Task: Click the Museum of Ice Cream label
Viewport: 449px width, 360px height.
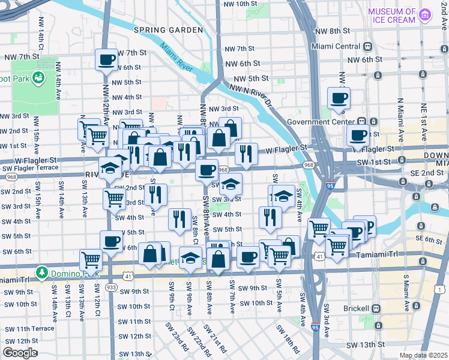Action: (x=391, y=16)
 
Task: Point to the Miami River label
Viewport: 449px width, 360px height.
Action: (x=177, y=58)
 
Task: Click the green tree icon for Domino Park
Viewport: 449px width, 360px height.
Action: (x=42, y=273)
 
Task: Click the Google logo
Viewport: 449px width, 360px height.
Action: (x=20, y=353)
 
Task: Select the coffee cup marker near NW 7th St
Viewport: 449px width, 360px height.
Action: (x=106, y=59)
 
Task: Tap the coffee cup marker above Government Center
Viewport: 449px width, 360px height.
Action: (x=338, y=98)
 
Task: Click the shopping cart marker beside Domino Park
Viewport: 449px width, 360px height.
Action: (x=90, y=260)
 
